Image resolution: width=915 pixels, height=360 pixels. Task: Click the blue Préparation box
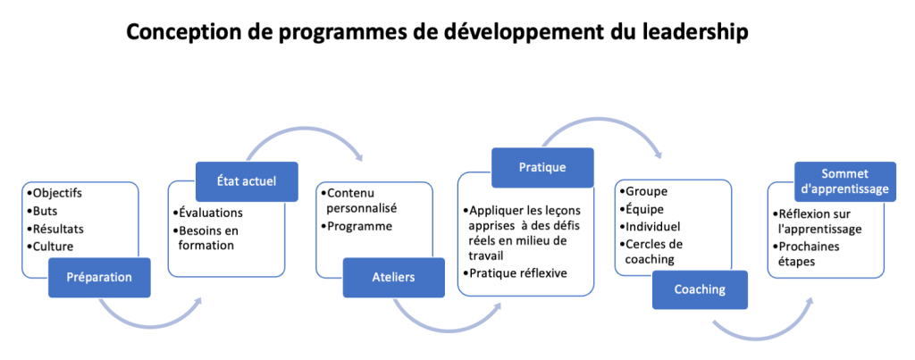(x=99, y=277)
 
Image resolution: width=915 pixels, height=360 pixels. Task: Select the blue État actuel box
(x=247, y=181)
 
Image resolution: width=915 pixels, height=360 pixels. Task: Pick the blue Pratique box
(x=542, y=167)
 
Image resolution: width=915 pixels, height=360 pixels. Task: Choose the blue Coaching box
(x=700, y=289)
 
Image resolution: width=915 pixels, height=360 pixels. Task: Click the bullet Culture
(x=50, y=247)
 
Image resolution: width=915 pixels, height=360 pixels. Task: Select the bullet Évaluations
(x=207, y=213)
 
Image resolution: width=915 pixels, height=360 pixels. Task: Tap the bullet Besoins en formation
(x=206, y=238)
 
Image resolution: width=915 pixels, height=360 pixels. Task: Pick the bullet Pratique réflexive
(x=514, y=272)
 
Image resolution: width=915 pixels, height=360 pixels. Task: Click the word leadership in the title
(x=694, y=33)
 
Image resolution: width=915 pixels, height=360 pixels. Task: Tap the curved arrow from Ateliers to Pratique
(x=442, y=327)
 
